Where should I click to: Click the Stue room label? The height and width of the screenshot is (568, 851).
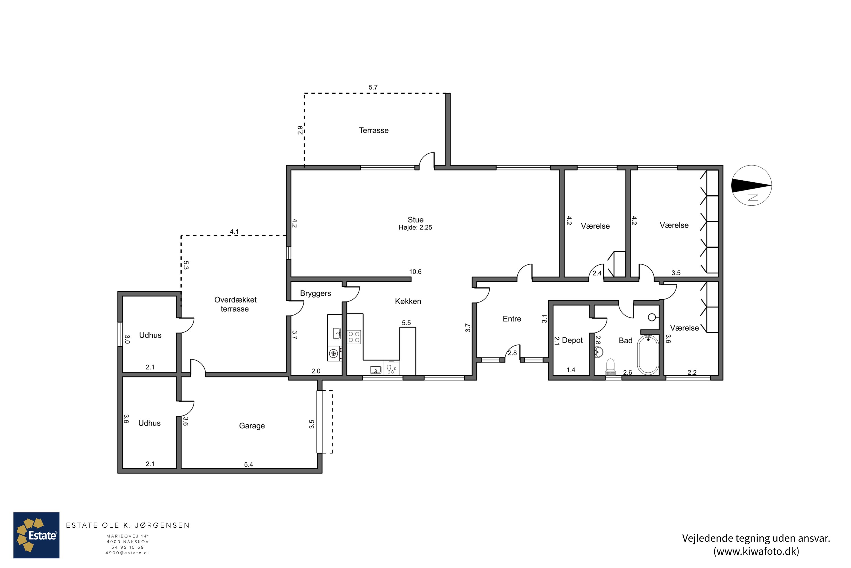point(415,220)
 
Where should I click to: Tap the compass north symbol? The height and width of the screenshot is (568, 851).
point(751,185)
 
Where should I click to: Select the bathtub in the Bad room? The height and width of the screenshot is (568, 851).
point(648,355)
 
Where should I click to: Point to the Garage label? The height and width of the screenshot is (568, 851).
point(252,426)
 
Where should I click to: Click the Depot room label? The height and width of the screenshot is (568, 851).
point(572,340)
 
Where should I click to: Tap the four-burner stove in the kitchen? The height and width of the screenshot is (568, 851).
point(354,337)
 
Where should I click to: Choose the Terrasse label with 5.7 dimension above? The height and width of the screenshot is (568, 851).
point(374,130)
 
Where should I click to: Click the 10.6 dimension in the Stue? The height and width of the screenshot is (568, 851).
point(415,272)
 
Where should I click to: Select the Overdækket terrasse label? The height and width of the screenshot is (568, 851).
point(235,304)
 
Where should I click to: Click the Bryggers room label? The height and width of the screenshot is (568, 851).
point(315,293)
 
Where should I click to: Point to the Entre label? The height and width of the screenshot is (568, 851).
point(512,319)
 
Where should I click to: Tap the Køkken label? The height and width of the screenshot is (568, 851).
point(408,301)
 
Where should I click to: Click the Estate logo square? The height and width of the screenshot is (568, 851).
point(36,535)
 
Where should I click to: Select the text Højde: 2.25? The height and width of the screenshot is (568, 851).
point(415,227)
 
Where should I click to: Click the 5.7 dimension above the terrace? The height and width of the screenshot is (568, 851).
point(373,87)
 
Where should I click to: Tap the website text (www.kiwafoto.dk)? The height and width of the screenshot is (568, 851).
point(756,551)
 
